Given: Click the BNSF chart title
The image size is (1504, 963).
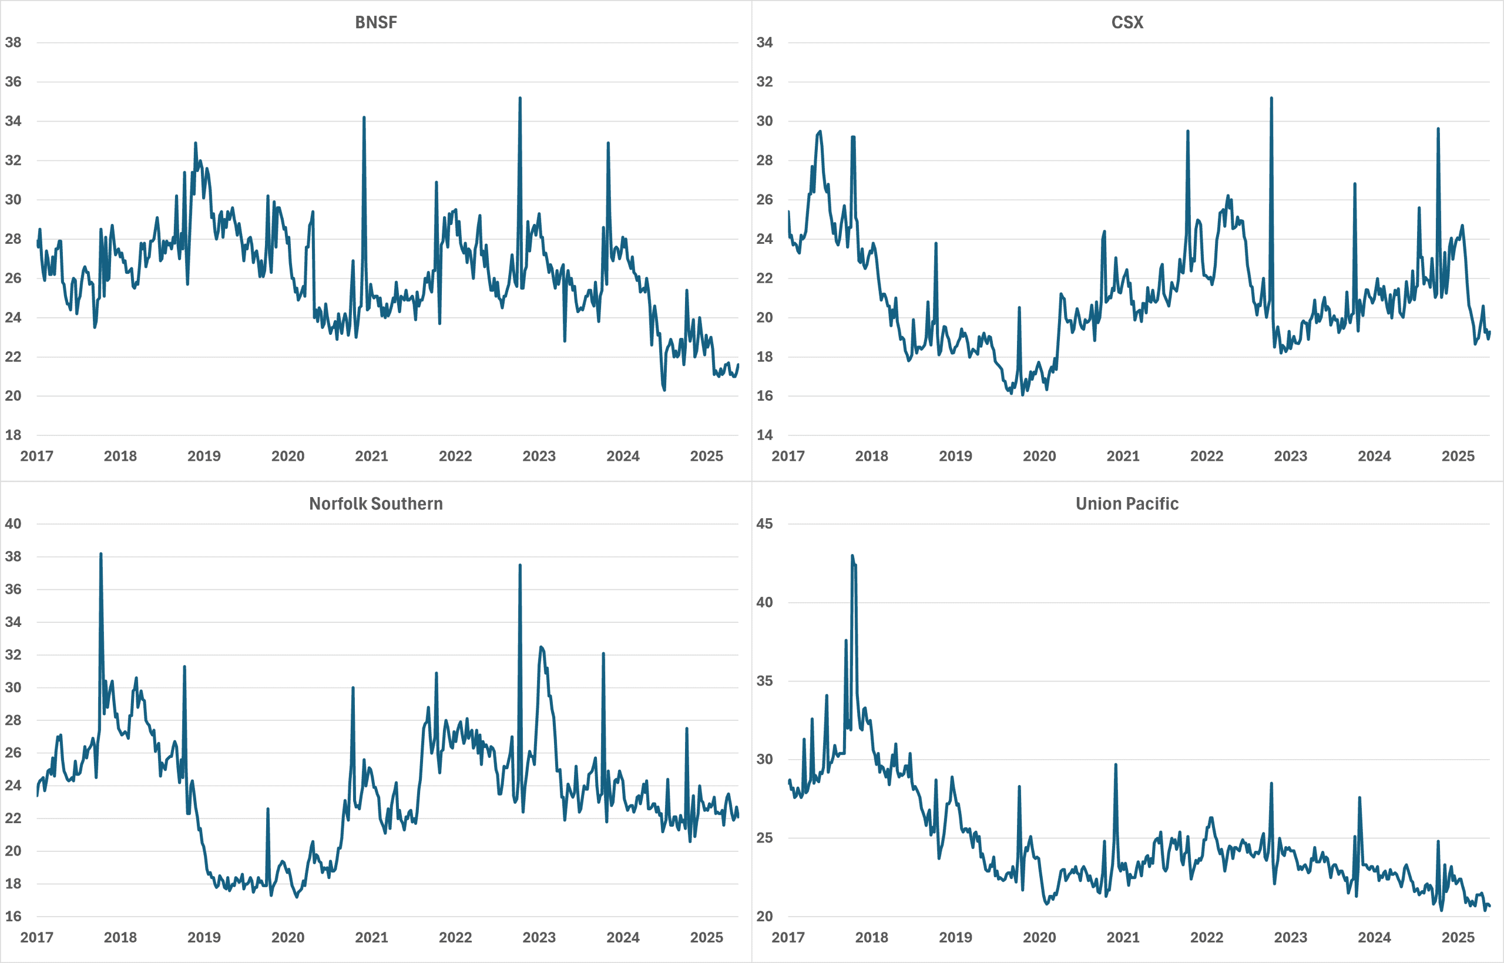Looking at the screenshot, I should click(375, 22).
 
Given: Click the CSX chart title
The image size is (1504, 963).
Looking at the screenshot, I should click(1127, 22).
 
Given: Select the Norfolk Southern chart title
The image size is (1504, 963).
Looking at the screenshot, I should click(375, 504).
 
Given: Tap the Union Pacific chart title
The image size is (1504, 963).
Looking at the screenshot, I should click(1127, 504).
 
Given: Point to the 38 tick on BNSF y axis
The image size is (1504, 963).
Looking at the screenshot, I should click(13, 42).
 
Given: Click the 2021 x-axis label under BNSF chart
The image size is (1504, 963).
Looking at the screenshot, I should click(371, 457).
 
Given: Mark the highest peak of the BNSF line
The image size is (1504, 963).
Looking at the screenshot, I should click(520, 98).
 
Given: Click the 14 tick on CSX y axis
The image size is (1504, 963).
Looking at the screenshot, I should click(764, 435).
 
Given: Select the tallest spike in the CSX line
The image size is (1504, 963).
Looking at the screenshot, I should click(1271, 98).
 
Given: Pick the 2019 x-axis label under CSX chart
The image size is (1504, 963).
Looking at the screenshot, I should click(955, 457).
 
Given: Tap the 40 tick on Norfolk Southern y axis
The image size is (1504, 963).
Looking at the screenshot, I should click(13, 524).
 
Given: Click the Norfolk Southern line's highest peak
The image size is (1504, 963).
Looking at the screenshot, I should click(100, 554).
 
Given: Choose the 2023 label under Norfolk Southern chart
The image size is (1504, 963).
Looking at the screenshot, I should click(539, 938).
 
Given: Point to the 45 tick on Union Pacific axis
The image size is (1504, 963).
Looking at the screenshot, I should click(764, 524).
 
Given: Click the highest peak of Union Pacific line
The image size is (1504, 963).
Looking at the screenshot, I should click(852, 555).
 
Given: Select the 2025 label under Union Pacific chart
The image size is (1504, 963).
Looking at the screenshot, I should click(1458, 938).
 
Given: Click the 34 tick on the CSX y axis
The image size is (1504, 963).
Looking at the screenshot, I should click(764, 42).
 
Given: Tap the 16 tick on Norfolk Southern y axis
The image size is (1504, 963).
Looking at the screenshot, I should click(13, 917).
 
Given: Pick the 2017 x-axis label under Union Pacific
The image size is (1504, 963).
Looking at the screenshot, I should click(788, 938).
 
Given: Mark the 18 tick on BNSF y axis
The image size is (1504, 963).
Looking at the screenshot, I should click(13, 435).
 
